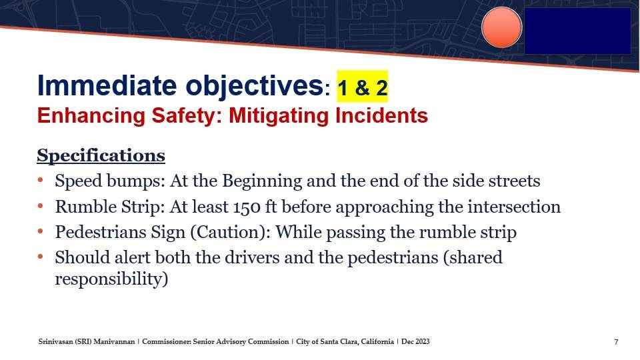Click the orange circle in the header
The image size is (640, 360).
tap(501, 27)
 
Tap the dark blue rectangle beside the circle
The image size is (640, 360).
tap(577, 31)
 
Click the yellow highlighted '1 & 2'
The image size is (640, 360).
tap(362, 87)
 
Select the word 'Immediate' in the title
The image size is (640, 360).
tap(107, 85)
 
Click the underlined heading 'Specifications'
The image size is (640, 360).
tap(101, 155)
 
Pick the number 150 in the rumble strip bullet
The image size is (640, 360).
tap(247, 207)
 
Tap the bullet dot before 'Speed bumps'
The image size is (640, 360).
tap(40, 180)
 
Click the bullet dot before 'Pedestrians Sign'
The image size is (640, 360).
tap(40, 231)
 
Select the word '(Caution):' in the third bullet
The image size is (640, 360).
tap(230, 232)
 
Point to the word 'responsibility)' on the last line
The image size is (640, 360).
tap(111, 279)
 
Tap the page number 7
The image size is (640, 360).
tap(616, 342)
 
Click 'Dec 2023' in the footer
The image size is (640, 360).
tap(415, 341)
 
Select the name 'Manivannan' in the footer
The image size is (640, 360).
tap(114, 341)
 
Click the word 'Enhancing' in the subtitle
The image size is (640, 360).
tap(91, 116)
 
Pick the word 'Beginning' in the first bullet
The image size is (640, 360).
tap(262, 181)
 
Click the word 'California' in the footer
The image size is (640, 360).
tap(377, 341)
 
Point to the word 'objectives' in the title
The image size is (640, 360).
tap(255, 87)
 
